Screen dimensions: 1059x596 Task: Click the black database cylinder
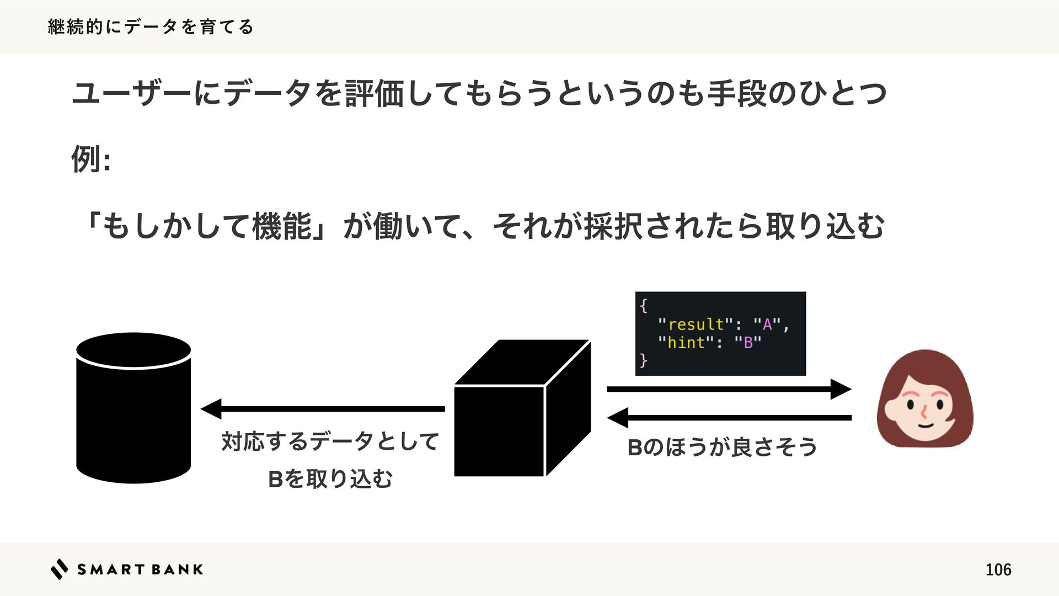tap(133, 408)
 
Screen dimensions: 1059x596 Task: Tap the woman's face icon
tap(925, 398)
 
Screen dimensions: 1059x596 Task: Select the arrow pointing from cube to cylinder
tap(323, 409)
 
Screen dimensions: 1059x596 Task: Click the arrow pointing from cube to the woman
tap(729, 389)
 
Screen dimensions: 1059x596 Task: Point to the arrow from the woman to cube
tap(729, 418)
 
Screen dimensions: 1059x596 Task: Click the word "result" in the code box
tap(696, 324)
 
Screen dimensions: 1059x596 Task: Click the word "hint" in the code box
tap(686, 343)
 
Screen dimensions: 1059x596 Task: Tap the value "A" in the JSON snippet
tap(767, 324)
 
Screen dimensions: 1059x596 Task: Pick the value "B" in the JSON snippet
tap(748, 343)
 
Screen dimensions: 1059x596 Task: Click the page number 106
tap(998, 570)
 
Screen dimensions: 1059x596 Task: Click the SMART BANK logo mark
tap(59, 569)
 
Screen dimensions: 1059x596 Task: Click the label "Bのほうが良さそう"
tap(722, 447)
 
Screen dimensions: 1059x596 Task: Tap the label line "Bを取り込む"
tap(330, 478)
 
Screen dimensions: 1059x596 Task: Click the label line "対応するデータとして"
tap(330, 441)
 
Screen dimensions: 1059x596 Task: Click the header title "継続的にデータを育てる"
tap(150, 26)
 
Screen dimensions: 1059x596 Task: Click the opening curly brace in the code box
tap(644, 305)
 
